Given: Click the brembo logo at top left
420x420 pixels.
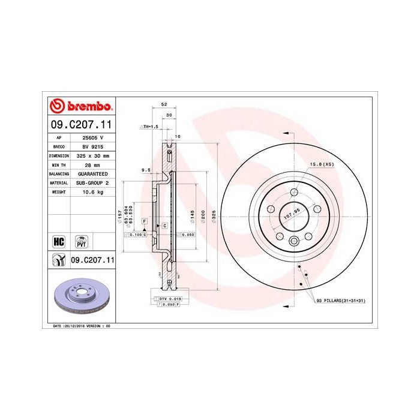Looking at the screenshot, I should point(80,107).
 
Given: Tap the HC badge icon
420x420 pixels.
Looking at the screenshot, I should point(59,241).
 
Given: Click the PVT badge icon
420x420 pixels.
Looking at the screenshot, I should point(81,241).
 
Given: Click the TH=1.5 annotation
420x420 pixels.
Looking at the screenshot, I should point(149,127).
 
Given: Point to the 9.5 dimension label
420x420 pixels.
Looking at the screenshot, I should point(145,170).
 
